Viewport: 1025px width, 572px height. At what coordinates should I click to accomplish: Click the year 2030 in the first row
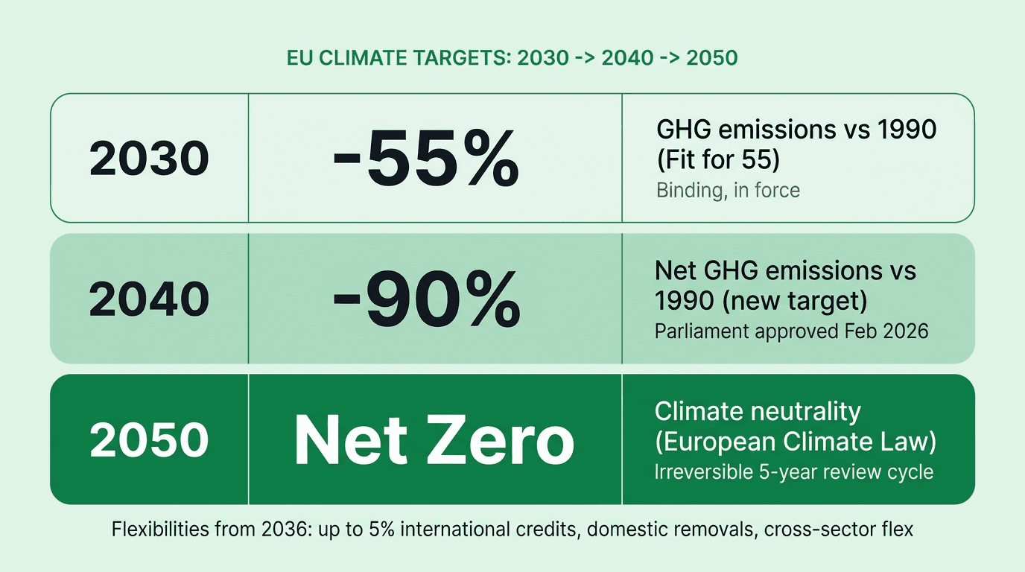(149, 158)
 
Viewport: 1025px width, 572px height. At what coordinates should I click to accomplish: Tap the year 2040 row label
(149, 299)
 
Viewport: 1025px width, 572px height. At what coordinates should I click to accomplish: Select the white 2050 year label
(149, 439)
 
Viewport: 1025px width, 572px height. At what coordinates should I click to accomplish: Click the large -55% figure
(425, 159)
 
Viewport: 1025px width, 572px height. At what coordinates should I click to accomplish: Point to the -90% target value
(425, 299)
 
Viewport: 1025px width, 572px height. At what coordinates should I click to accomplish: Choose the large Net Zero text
(434, 440)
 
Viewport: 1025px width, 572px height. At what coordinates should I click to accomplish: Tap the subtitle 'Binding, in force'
(728, 190)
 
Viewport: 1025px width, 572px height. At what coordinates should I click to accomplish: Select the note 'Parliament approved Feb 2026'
(792, 331)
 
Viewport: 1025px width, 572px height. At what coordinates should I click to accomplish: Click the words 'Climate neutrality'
(758, 411)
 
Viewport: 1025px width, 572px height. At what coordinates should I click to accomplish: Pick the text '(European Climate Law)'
(796, 441)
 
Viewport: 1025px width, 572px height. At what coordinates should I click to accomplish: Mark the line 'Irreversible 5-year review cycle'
(794, 472)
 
